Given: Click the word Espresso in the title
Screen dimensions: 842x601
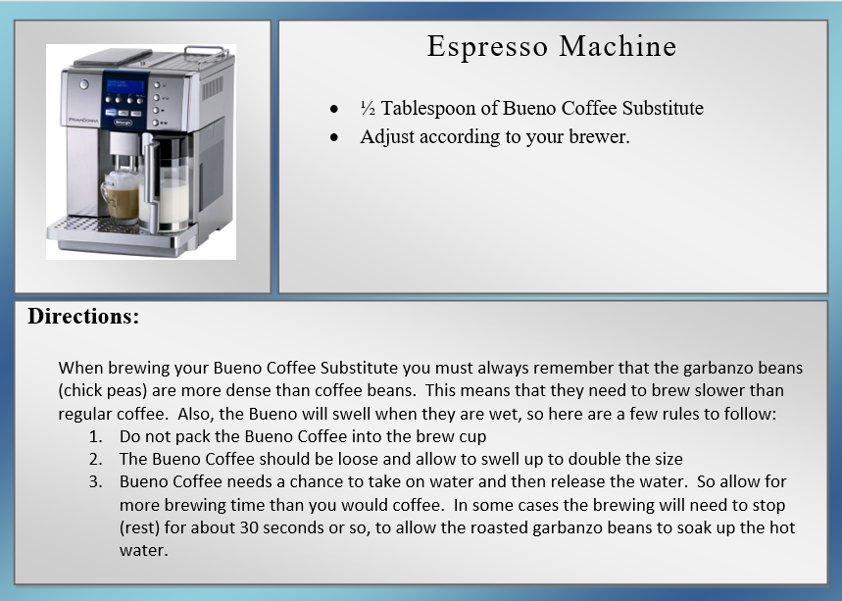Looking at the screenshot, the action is coord(487,47).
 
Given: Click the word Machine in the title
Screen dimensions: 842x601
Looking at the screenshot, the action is coord(618,46).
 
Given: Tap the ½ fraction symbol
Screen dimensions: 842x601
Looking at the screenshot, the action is coord(368,109).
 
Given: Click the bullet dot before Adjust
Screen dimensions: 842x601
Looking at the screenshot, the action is coord(334,137).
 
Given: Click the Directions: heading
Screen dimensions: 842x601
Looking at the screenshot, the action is coord(83,317).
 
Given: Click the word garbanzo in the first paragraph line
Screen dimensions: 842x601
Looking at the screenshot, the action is coord(718,368).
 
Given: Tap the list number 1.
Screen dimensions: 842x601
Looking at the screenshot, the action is coord(96,436).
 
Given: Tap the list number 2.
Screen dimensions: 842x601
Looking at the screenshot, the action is coord(96,459).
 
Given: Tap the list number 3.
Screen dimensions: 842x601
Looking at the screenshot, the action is coord(96,481).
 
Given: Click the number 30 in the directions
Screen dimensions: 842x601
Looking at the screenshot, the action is coord(249,527).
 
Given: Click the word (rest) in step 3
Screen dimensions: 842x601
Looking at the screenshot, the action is coord(139,527).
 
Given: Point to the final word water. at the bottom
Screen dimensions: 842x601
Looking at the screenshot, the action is coord(143,551).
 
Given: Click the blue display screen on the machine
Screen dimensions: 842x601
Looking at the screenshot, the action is coord(125,86).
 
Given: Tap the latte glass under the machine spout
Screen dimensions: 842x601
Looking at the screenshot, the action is coord(121,196).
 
